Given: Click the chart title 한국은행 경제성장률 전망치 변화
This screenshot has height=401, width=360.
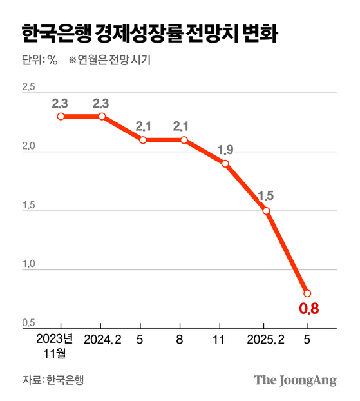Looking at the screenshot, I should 149,34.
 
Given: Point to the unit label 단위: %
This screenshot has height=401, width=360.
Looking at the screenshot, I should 40,61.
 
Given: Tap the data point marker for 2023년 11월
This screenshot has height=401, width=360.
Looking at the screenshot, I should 61,116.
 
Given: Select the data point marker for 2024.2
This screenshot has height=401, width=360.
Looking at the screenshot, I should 102,116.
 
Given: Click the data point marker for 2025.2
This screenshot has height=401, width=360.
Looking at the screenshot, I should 266,211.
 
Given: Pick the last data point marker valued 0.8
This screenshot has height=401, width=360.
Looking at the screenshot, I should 307,293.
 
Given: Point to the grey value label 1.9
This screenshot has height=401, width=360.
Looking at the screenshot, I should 225,150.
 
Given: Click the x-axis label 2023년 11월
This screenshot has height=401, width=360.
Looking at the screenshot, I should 55,346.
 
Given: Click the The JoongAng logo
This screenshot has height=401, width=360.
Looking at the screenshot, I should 295,380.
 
